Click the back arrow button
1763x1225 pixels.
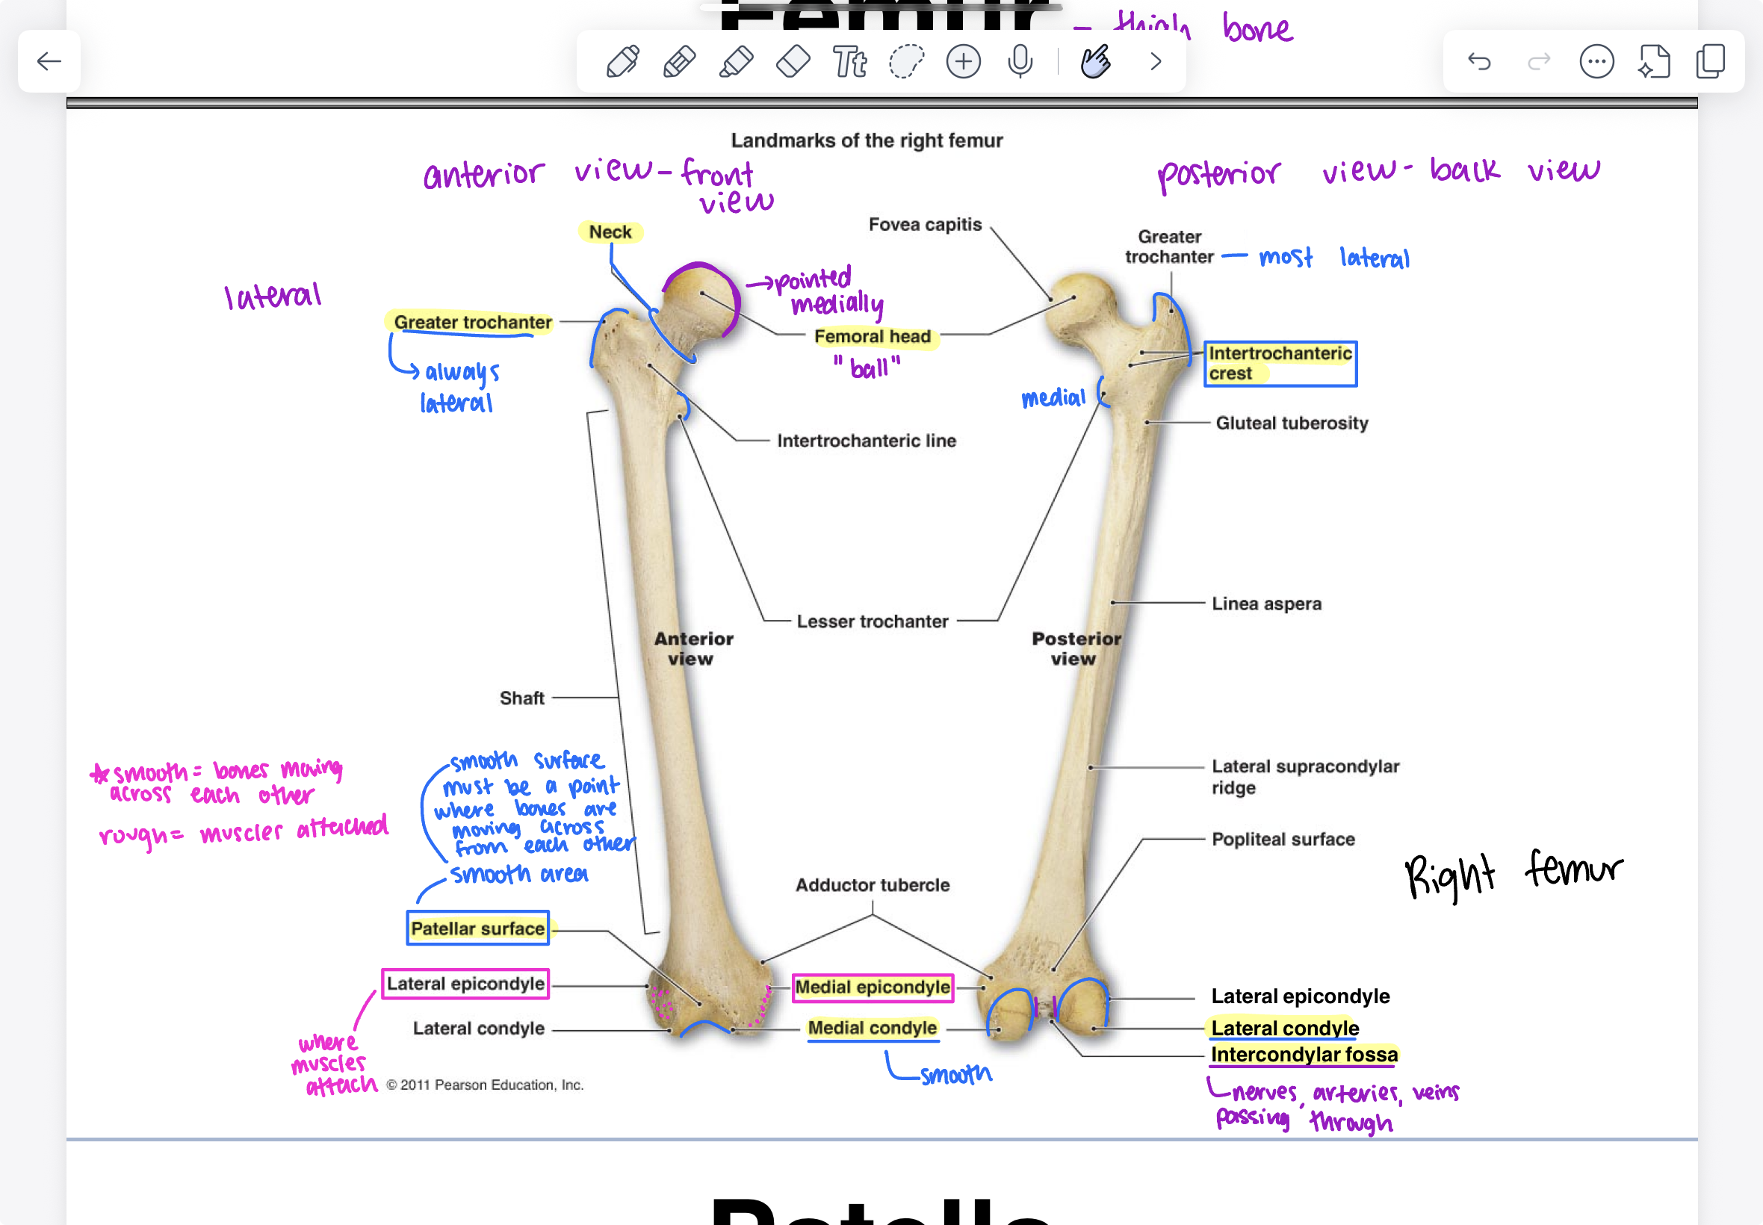coord(49,61)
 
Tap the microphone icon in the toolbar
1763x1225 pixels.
coord(1020,61)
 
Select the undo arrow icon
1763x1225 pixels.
coord(1479,61)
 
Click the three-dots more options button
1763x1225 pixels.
coord(1596,61)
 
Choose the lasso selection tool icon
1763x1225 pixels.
coord(906,61)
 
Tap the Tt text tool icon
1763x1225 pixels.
coord(849,61)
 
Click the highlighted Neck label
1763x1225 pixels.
coord(610,232)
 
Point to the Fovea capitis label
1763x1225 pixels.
coord(925,224)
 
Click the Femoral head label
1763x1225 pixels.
coord(873,336)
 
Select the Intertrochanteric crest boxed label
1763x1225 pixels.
coord(1280,363)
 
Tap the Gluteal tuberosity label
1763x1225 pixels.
coord(1292,423)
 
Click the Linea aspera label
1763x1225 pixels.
coord(1266,604)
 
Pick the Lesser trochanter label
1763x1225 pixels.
coord(873,621)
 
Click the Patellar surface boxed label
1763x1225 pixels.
coord(477,928)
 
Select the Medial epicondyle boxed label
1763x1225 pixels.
coord(873,986)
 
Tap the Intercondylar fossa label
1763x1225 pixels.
coord(1304,1055)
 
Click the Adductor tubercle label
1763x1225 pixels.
coord(873,885)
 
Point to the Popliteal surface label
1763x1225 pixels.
coord(1283,839)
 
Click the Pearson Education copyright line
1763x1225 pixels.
coord(485,1085)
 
